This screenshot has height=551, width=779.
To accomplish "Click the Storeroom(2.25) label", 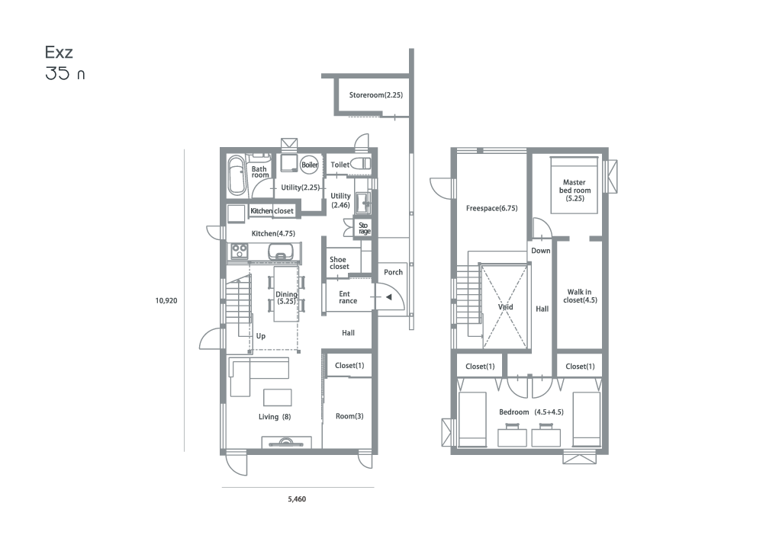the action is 375,95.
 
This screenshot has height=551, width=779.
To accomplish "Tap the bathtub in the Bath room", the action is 237,176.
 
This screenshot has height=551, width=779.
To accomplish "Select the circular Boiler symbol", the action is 310,165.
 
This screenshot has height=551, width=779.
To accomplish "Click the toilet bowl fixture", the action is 362,163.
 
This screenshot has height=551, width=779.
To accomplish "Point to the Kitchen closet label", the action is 272,211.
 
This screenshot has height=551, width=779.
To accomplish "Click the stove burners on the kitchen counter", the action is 239,251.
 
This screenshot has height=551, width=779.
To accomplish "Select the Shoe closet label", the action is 340,263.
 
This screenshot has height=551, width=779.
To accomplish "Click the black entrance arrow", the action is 389,297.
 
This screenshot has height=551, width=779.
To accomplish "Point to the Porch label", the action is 393,272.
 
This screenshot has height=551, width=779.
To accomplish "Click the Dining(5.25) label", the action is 286,298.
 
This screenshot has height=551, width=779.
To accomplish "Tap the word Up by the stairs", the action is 261,336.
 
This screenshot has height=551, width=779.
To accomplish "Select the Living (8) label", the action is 275,416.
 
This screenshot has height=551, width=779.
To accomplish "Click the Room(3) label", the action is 349,416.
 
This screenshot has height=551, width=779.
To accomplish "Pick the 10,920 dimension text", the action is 166,300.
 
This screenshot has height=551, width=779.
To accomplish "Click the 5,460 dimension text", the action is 297,499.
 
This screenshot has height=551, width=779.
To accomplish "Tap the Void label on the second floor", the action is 505,307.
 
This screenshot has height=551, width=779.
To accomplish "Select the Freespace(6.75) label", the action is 492,208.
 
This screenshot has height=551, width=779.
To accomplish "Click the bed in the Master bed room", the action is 574,185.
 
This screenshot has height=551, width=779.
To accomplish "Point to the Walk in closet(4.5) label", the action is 580,296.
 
